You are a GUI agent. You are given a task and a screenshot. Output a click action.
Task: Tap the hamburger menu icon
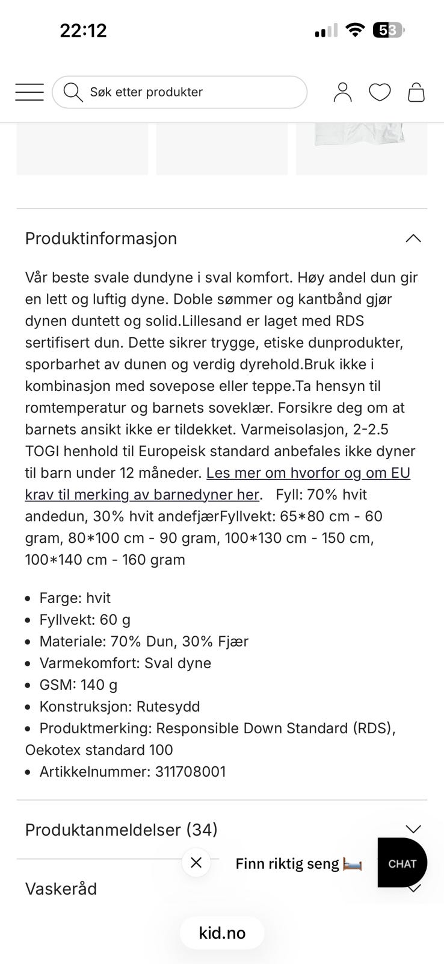click(x=29, y=92)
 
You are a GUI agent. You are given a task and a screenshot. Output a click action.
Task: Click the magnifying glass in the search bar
click(x=73, y=92)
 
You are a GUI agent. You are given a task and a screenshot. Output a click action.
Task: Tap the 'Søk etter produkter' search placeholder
click(x=146, y=92)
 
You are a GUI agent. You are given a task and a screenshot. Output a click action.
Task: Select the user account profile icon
click(x=342, y=92)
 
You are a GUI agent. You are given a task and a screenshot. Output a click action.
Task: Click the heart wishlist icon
click(x=380, y=92)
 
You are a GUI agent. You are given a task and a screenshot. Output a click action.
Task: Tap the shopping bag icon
click(x=416, y=92)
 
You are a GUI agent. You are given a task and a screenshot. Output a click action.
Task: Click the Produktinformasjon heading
click(x=101, y=239)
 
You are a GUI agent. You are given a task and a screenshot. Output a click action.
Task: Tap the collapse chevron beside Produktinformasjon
click(x=413, y=239)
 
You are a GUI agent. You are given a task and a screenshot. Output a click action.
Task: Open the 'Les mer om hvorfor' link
click(x=308, y=473)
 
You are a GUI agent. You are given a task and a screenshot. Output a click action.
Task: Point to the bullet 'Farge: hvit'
click(x=75, y=598)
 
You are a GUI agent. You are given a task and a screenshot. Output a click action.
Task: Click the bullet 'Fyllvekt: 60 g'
click(x=85, y=620)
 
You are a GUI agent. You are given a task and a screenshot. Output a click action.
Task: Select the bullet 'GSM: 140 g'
click(x=78, y=685)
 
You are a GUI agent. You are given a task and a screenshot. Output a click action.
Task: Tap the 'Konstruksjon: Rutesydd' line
click(x=120, y=707)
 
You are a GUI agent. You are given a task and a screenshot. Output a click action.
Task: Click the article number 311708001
click(x=190, y=772)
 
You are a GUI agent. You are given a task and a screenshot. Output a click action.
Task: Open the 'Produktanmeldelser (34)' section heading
click(x=121, y=830)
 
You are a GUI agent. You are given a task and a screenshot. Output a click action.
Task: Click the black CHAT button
click(x=402, y=863)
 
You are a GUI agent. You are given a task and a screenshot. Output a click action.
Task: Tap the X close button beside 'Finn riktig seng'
click(x=196, y=863)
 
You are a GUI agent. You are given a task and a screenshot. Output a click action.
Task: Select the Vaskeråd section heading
click(x=61, y=889)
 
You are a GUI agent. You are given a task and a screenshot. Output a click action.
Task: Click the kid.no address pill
click(x=222, y=933)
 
